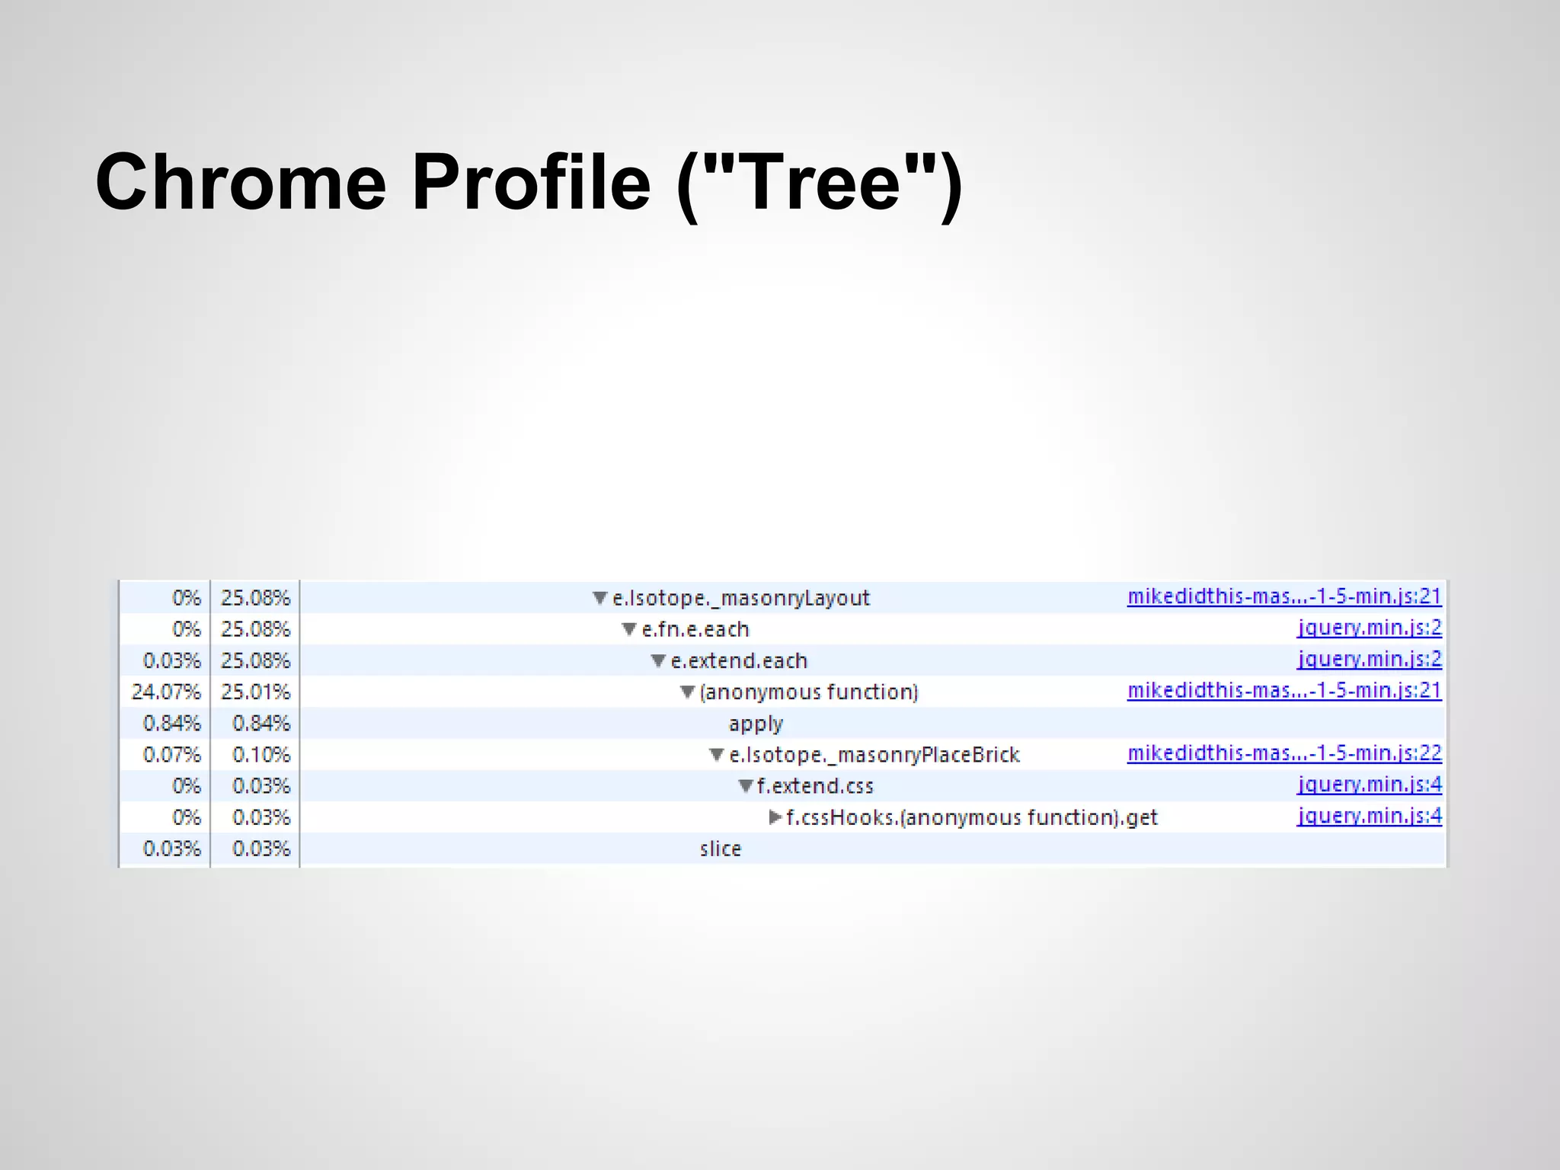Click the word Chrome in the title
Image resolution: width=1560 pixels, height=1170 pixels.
(241, 183)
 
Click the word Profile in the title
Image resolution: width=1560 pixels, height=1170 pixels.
(531, 183)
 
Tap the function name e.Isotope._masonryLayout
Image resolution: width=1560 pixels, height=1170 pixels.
(740, 599)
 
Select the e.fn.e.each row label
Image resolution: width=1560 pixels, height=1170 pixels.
(695, 630)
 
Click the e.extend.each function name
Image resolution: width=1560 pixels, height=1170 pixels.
(738, 661)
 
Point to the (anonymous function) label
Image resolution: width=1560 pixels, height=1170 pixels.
(809, 692)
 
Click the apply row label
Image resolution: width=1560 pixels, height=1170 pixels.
(755, 724)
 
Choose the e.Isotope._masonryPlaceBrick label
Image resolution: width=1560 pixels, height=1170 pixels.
(874, 755)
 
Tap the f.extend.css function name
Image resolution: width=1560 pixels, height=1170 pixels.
(815, 786)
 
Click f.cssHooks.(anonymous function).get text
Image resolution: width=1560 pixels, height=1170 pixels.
(971, 818)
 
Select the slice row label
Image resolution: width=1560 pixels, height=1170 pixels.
(720, 849)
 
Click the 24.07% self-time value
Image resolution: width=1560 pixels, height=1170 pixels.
(165, 692)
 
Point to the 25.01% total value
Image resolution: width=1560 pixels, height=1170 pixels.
(256, 692)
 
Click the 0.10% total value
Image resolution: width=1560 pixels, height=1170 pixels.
(261, 755)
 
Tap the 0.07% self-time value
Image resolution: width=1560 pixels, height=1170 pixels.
(171, 755)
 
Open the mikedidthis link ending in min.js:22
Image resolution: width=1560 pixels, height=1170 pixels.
(1284, 753)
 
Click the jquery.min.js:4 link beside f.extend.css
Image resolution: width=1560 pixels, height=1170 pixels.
(1370, 785)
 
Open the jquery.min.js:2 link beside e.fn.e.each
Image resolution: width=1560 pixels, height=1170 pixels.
(1370, 628)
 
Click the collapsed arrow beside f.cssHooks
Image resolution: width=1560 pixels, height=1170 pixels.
(775, 817)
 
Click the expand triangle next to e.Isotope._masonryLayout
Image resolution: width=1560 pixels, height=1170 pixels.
(600, 598)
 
